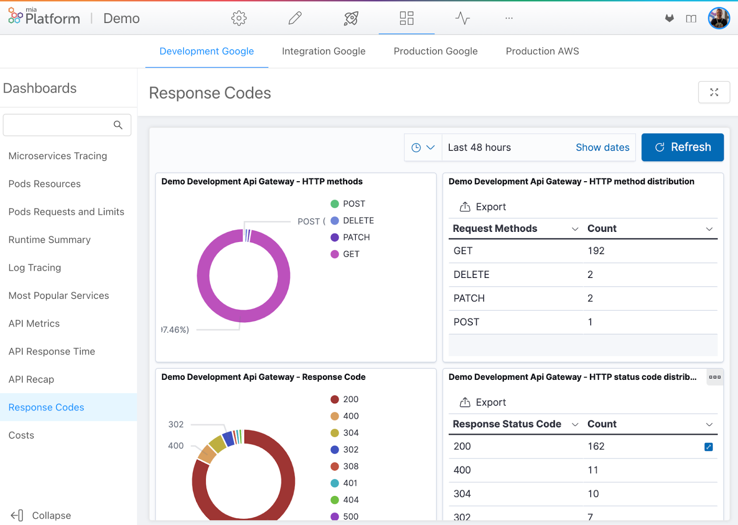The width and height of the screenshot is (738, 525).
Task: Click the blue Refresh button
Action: pyautogui.click(x=682, y=147)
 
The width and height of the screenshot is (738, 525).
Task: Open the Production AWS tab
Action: pyautogui.click(x=542, y=51)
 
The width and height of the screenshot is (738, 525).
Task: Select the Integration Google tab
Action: pyautogui.click(x=323, y=51)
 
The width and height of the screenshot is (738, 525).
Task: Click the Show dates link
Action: pyautogui.click(x=602, y=147)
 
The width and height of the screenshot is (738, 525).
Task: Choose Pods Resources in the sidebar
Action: pyautogui.click(x=44, y=184)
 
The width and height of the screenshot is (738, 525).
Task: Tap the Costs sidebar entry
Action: pyautogui.click(x=21, y=435)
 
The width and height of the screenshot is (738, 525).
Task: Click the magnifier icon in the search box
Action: pyautogui.click(x=118, y=125)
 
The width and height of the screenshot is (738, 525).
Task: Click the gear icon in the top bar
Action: pyautogui.click(x=239, y=18)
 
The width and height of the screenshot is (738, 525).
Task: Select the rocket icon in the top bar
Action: pyautogui.click(x=351, y=18)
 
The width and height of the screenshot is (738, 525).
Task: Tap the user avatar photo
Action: pyautogui.click(x=719, y=18)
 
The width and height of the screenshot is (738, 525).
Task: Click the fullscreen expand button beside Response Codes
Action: pyautogui.click(x=714, y=92)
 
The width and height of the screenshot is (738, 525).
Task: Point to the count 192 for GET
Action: pyautogui.click(x=595, y=251)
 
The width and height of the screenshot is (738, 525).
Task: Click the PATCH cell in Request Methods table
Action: pyautogui.click(x=469, y=298)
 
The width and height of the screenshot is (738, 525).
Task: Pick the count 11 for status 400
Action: pyautogui.click(x=593, y=470)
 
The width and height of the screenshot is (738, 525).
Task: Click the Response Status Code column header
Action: pyautogui.click(x=507, y=424)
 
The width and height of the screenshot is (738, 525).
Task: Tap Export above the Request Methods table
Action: pyautogui.click(x=483, y=207)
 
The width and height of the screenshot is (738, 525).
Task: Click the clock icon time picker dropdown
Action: pyautogui.click(x=423, y=147)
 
